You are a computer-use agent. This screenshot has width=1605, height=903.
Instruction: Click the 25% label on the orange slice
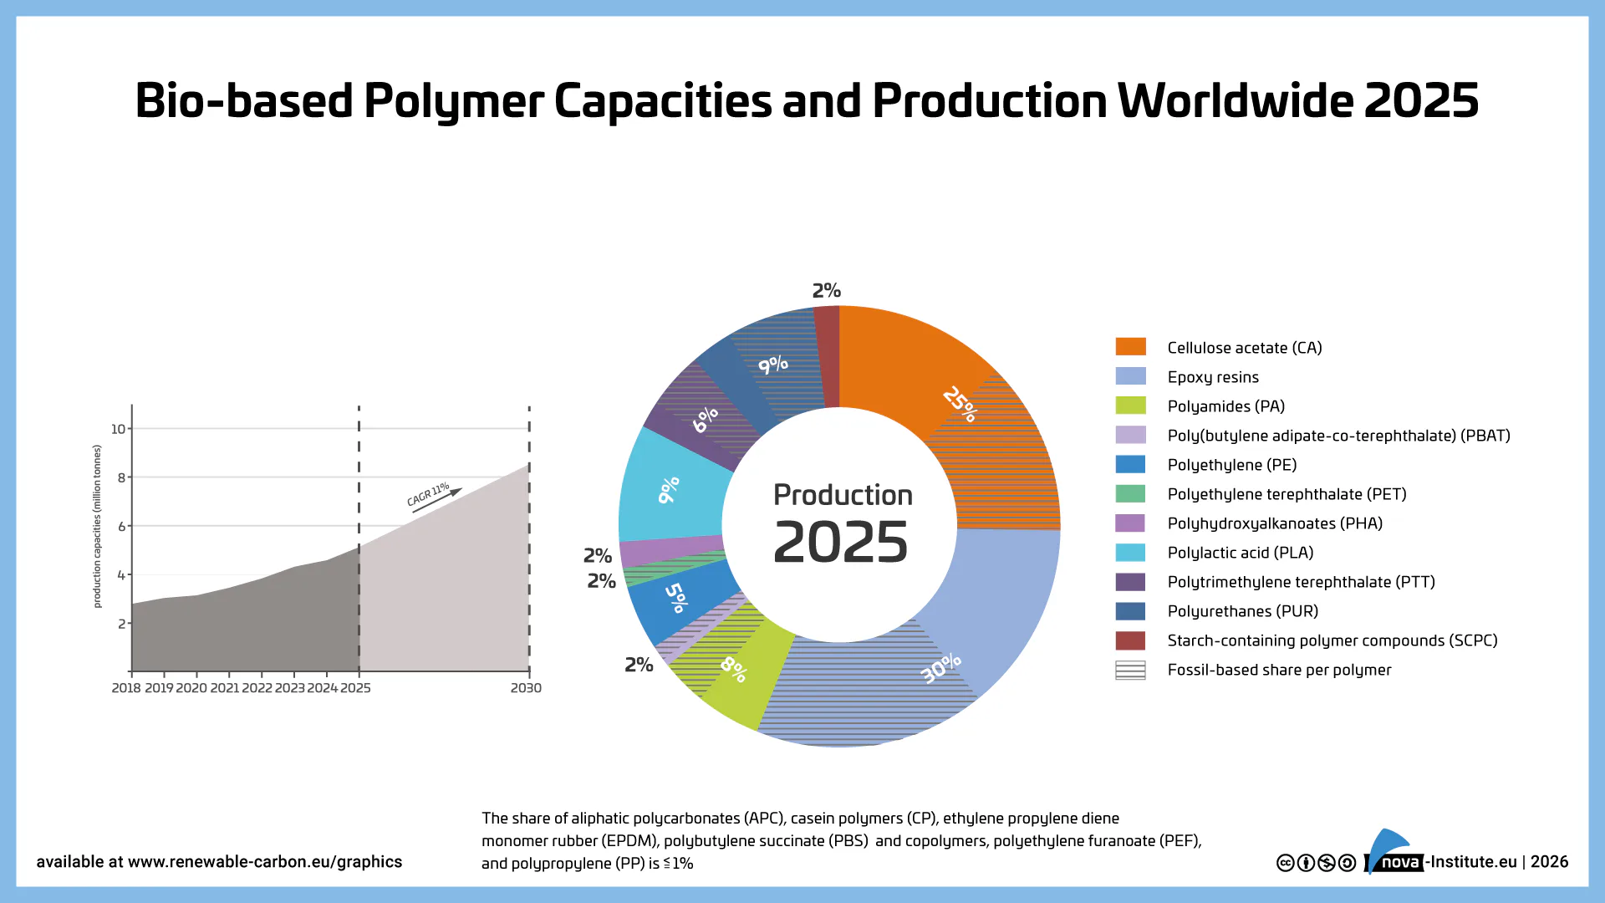tap(960, 404)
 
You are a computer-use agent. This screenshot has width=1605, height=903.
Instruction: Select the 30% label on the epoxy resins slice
tap(941, 668)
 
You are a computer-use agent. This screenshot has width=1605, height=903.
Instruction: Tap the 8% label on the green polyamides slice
tap(734, 669)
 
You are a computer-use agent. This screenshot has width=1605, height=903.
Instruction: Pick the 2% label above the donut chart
tap(827, 290)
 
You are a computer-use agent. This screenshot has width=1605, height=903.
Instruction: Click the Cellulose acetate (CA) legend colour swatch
tap(1130, 347)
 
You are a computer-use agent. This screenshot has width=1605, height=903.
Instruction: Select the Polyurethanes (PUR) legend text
tap(1242, 611)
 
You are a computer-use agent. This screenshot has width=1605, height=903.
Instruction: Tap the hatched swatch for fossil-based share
tap(1130, 670)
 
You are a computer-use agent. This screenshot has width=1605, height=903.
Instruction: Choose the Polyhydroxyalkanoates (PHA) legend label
tap(1275, 523)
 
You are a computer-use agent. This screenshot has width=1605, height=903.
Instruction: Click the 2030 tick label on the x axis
tap(526, 688)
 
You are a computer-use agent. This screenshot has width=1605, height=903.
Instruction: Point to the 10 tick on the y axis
tap(118, 429)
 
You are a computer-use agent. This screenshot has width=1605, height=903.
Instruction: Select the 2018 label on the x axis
tap(126, 688)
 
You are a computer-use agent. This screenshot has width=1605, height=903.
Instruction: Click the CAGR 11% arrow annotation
tap(433, 496)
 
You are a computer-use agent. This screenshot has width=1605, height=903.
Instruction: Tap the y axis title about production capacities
tap(97, 526)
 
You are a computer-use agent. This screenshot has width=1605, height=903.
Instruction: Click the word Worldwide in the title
tap(1236, 100)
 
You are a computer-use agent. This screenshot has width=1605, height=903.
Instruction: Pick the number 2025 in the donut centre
tap(840, 543)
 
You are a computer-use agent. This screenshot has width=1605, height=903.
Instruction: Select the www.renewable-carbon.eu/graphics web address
tap(265, 862)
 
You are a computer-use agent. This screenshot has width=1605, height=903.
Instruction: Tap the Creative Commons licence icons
tap(1316, 863)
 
